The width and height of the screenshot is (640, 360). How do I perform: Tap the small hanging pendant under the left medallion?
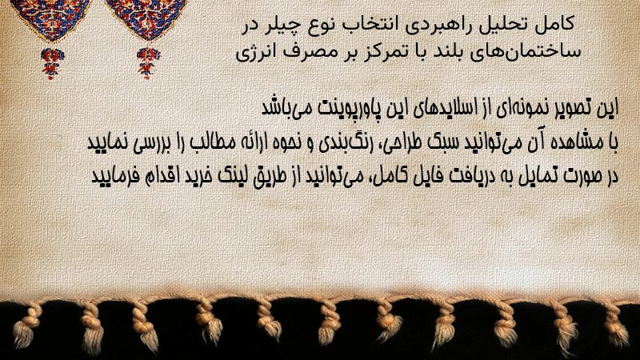52,62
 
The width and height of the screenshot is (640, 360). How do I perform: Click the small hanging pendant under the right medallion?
148,63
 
